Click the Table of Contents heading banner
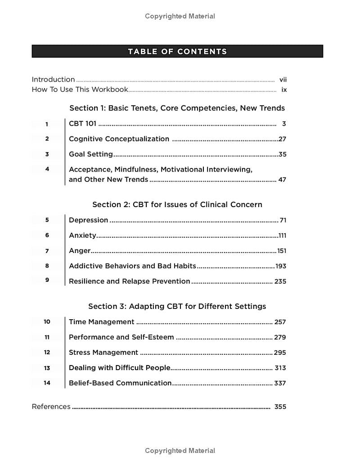click(177, 51)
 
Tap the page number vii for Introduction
click(283, 80)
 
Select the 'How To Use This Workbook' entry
click(80, 90)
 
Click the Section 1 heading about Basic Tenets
click(177, 108)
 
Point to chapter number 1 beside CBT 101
click(47, 124)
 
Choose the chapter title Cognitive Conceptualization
click(119, 139)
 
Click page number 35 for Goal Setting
click(282, 154)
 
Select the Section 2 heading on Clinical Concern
click(177, 204)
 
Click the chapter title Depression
click(88, 220)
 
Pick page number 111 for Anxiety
click(282, 235)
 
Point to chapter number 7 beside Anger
click(47, 251)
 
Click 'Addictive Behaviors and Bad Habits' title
click(132, 266)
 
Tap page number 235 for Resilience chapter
click(280, 281)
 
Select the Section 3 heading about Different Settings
click(177, 306)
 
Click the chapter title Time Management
click(101, 322)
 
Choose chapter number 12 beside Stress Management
click(47, 353)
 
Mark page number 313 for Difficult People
click(280, 368)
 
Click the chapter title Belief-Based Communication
click(120, 383)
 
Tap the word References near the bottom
click(51, 407)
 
